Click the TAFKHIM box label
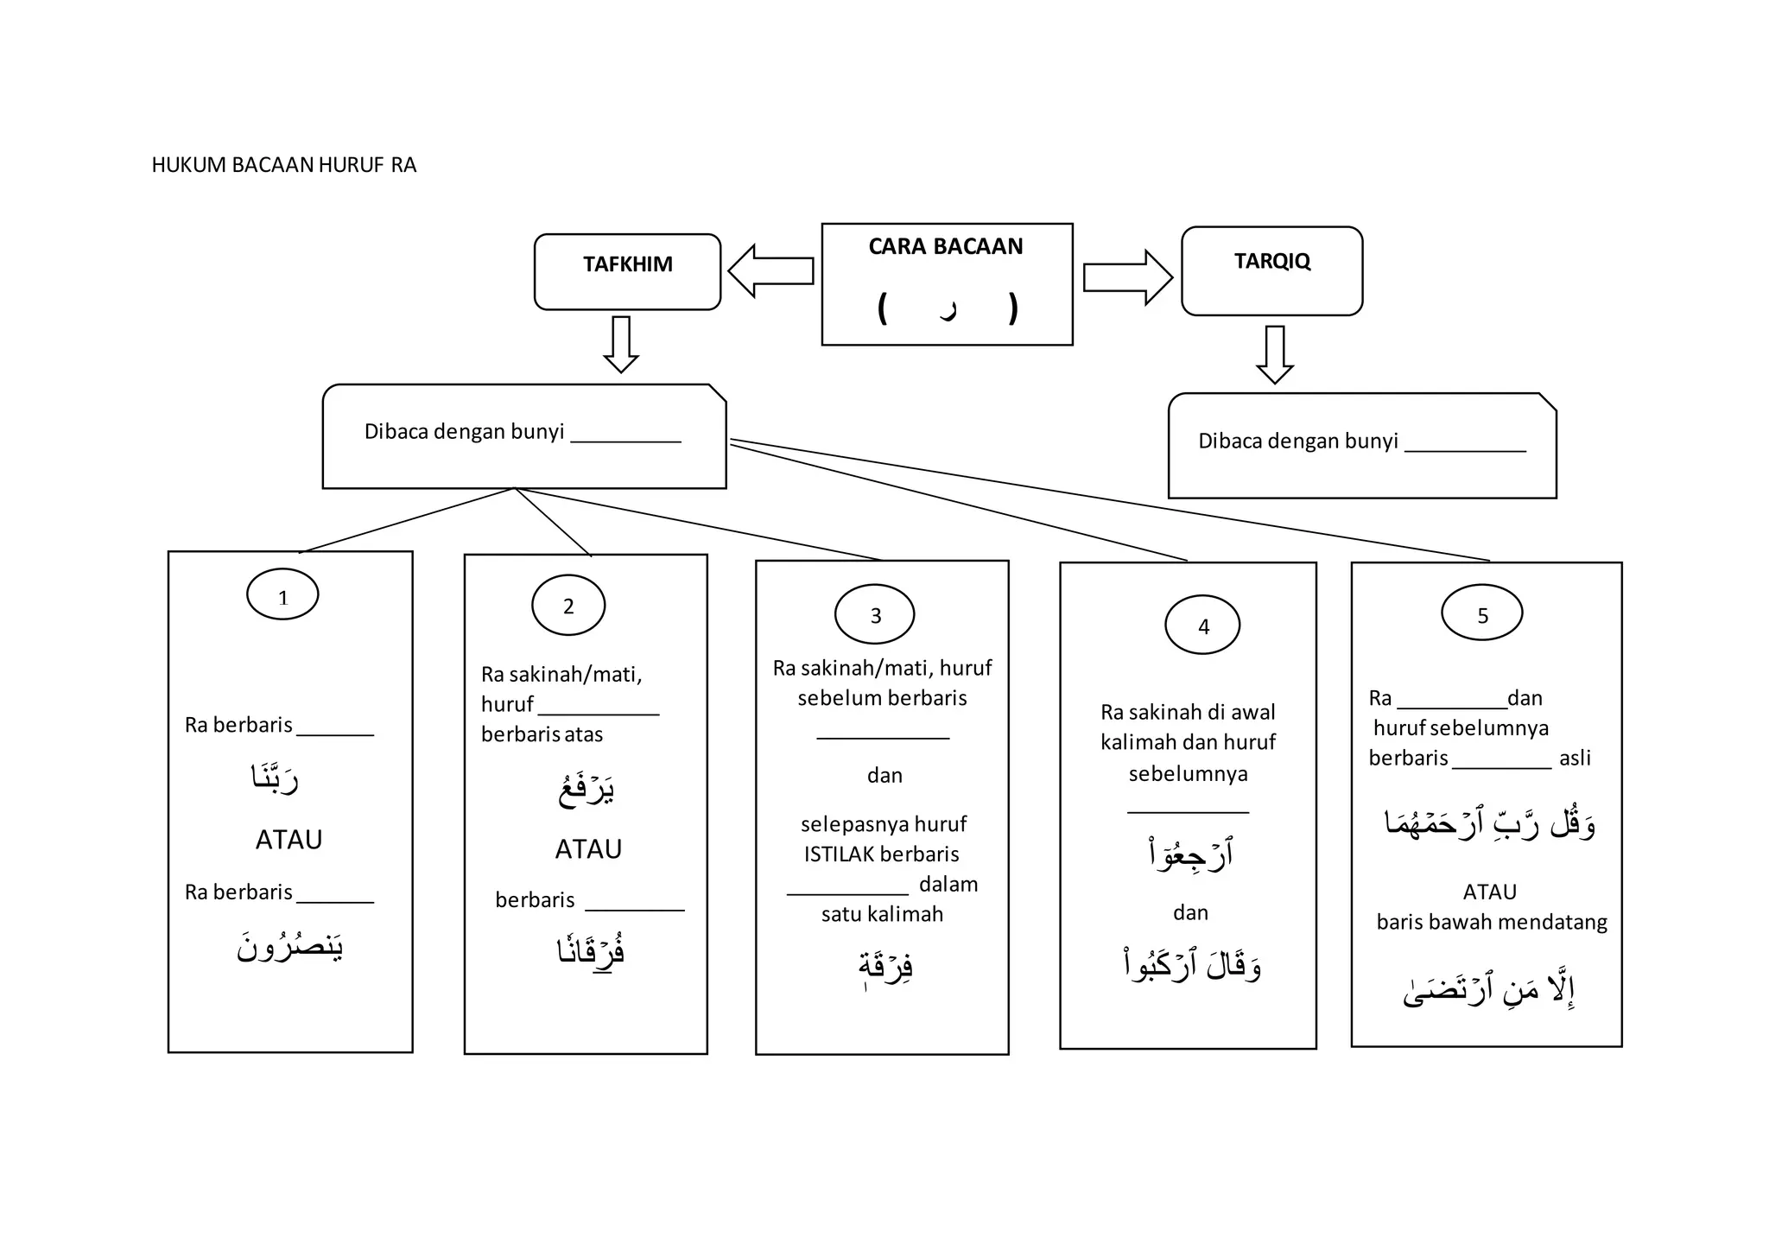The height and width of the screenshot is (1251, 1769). (627, 264)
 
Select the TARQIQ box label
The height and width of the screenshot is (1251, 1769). (1271, 261)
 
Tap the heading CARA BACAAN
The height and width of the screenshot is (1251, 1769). (945, 247)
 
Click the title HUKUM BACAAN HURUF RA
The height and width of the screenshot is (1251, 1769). (283, 165)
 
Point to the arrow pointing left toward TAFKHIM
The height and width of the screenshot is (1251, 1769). (770, 270)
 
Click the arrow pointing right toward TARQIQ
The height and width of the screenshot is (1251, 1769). (1127, 277)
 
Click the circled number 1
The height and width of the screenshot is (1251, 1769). (282, 595)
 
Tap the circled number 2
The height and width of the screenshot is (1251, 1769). (568, 606)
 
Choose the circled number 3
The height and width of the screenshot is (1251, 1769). (875, 615)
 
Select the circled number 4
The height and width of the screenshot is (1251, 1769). (1202, 625)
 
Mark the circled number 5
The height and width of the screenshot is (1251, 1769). (1482, 614)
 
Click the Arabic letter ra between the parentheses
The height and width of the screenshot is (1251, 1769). (948, 309)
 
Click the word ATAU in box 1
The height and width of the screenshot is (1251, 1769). (288, 840)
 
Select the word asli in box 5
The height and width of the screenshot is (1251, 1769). (1575, 759)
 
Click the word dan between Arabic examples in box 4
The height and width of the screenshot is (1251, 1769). (1190, 913)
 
